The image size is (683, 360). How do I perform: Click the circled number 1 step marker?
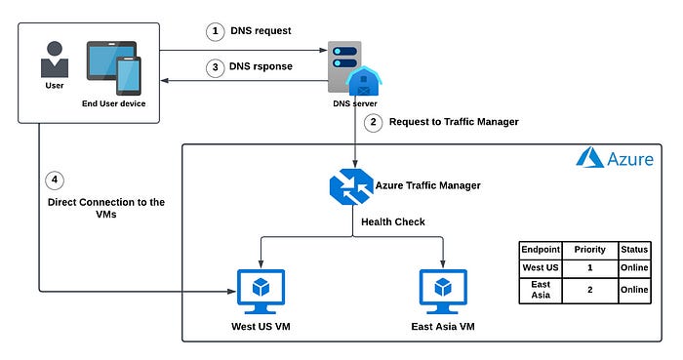pyautogui.click(x=215, y=31)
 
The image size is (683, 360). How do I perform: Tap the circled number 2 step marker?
pyautogui.click(x=373, y=122)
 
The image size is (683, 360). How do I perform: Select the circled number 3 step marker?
pyautogui.click(x=215, y=67)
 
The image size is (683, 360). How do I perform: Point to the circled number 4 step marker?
pyautogui.click(x=55, y=180)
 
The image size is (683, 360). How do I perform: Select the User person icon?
pyautogui.click(x=55, y=60)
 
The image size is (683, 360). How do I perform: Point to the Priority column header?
pyautogui.click(x=589, y=249)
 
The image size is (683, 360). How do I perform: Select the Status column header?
pyautogui.click(x=633, y=249)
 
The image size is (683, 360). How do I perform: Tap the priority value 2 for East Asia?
pyautogui.click(x=589, y=289)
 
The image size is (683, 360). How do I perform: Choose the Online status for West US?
pyautogui.click(x=633, y=265)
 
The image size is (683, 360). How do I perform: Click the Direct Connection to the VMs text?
pyautogui.click(x=106, y=210)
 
